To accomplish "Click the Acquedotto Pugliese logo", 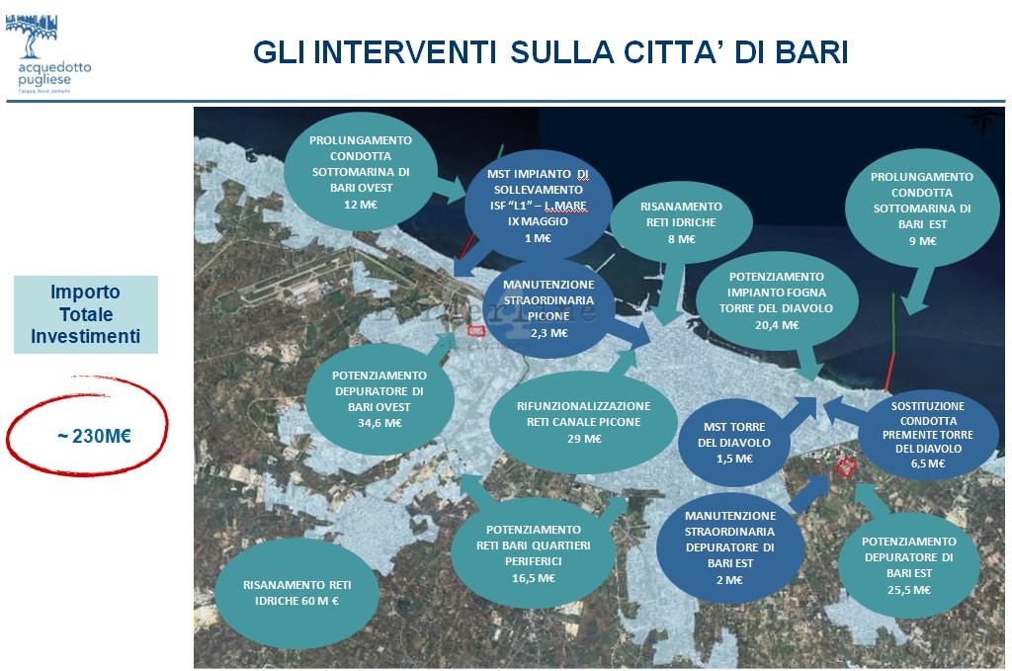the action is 47,53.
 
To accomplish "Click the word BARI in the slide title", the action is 811,52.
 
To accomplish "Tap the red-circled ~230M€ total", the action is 94,436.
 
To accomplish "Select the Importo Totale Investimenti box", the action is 86,314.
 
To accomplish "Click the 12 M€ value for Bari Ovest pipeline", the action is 360,205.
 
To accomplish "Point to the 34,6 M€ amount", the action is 379,423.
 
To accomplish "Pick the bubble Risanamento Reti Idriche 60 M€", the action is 296,593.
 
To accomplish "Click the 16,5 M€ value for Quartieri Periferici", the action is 533,578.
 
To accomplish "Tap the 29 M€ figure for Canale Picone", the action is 584,439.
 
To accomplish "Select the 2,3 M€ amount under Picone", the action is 549,333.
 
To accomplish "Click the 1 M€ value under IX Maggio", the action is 538,238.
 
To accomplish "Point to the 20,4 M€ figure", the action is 777,325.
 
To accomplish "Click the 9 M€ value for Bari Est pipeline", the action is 922,241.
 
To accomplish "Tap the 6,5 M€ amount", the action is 927,463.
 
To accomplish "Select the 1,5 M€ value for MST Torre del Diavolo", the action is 734,459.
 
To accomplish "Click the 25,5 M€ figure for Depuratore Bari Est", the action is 909,590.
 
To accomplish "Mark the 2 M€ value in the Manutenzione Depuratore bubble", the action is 729,580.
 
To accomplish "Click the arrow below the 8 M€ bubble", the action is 671,294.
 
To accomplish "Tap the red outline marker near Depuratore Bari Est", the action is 845,466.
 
